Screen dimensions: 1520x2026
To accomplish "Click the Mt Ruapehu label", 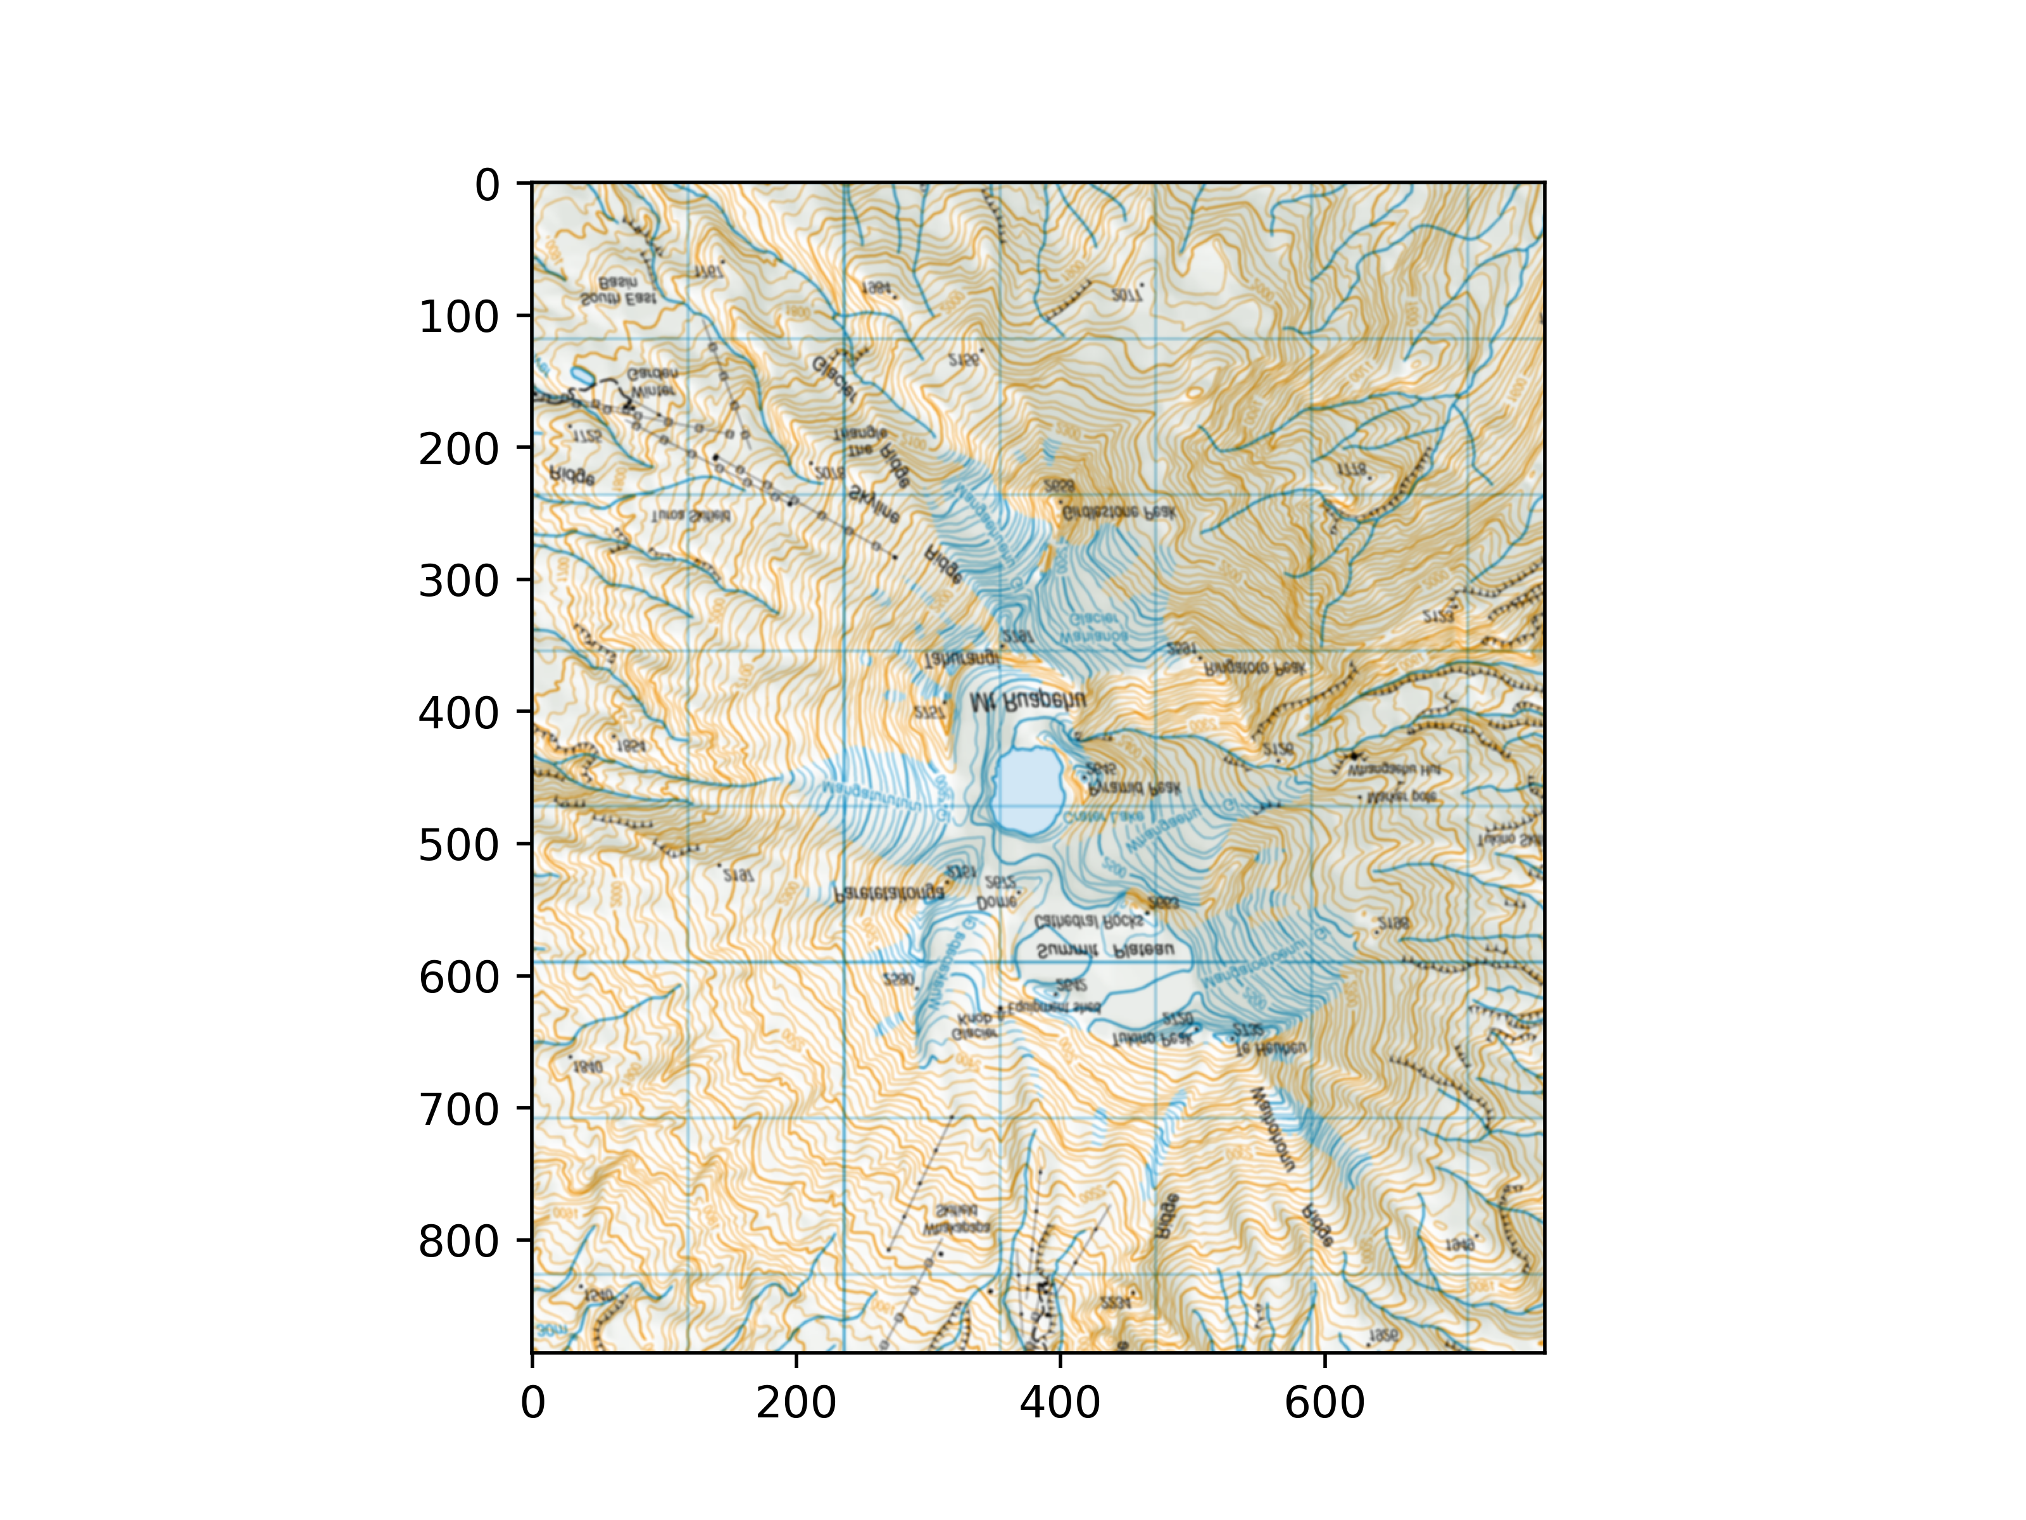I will tap(1028, 702).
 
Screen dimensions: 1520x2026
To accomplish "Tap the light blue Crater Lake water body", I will tap(1028, 790).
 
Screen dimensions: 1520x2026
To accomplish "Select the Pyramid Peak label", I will tap(1134, 788).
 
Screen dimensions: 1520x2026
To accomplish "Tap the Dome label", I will tap(997, 902).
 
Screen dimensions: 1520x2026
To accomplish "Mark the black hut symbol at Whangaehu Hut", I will tap(1354, 756).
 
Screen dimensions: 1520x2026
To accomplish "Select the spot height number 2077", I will tap(1126, 295).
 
